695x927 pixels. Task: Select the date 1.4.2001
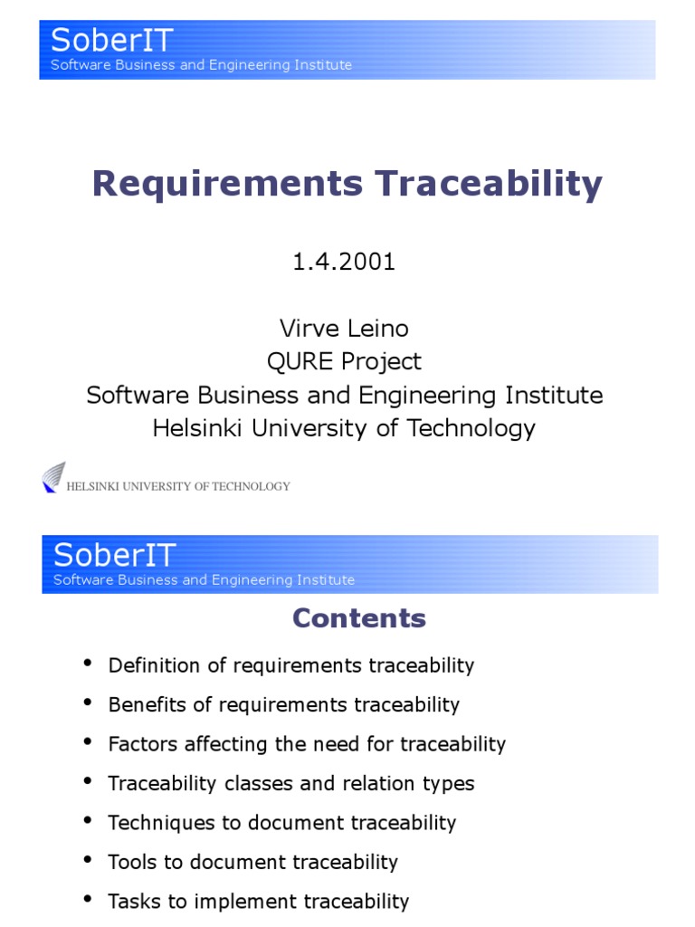tap(344, 263)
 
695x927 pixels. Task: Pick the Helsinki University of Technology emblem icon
tap(53, 477)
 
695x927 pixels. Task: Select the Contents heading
tap(358, 618)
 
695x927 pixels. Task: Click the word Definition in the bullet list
tap(148, 665)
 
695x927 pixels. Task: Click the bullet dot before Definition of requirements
tap(88, 664)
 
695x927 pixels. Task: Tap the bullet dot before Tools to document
tap(88, 860)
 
